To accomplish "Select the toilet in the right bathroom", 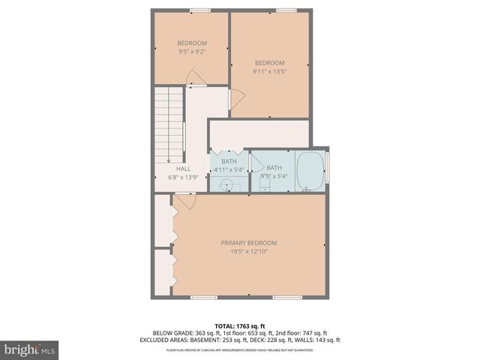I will pos(264,182).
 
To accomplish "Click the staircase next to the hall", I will pos(169,124).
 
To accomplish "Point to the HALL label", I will pos(183,169).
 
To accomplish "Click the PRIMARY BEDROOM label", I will pos(248,242).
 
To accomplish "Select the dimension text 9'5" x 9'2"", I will pos(192,52).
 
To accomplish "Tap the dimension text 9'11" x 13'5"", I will pos(270,71).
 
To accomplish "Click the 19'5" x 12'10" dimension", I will pos(248,252).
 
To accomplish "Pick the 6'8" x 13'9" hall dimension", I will pos(183,178).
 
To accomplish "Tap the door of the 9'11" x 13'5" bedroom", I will pos(235,97).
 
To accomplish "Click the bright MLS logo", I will pos(30,349).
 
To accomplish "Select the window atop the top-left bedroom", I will pos(199,10).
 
